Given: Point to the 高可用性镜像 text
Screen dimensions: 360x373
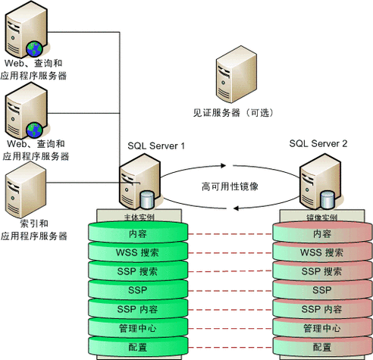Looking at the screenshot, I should pos(231,186).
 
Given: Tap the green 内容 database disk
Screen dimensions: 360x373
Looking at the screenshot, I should pos(138,234).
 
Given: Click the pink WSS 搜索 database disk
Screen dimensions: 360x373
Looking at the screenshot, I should pos(322,252).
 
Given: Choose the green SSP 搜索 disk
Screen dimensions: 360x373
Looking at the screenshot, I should pos(138,271).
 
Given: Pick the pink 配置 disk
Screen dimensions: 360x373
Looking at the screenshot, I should pos(322,347).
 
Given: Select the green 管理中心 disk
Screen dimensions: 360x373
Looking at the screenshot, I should pos(138,328).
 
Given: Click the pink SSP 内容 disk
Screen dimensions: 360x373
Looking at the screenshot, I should pos(322,309).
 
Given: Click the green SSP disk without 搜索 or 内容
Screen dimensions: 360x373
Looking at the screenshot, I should pos(138,290).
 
